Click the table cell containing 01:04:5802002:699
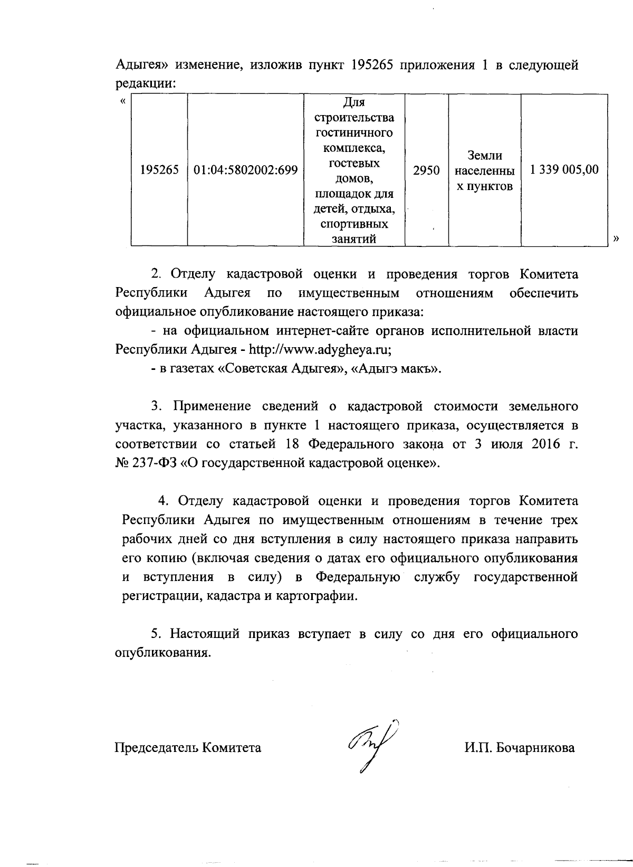pos(246,170)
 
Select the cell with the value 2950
pos(426,170)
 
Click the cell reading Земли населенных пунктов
pos(484,170)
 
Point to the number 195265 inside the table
pos(159,170)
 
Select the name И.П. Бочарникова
pos(520,748)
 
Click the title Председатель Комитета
pos(188,748)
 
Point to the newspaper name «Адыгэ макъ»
pos(396,369)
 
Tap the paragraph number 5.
pos(155,634)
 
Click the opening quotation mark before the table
pos(122,101)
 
